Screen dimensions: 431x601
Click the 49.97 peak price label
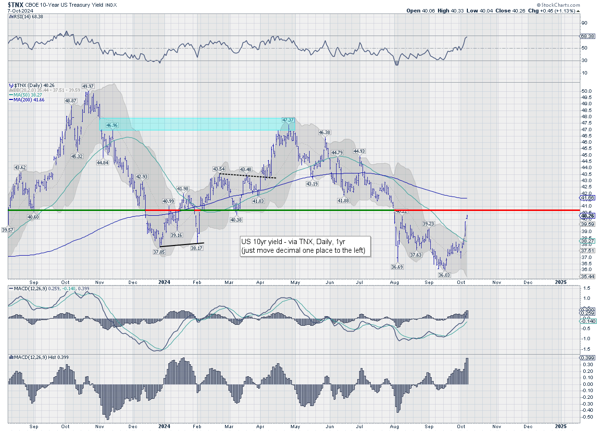[88, 86]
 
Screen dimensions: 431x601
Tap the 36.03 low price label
[443, 275]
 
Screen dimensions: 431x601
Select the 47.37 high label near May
[288, 120]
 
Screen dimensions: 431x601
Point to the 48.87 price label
[70, 100]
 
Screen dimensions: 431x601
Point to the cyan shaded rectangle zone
[192, 124]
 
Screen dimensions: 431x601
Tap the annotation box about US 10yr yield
[305, 246]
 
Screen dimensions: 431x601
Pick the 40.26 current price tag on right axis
[588, 216]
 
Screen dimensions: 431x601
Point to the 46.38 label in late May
[325, 132]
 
